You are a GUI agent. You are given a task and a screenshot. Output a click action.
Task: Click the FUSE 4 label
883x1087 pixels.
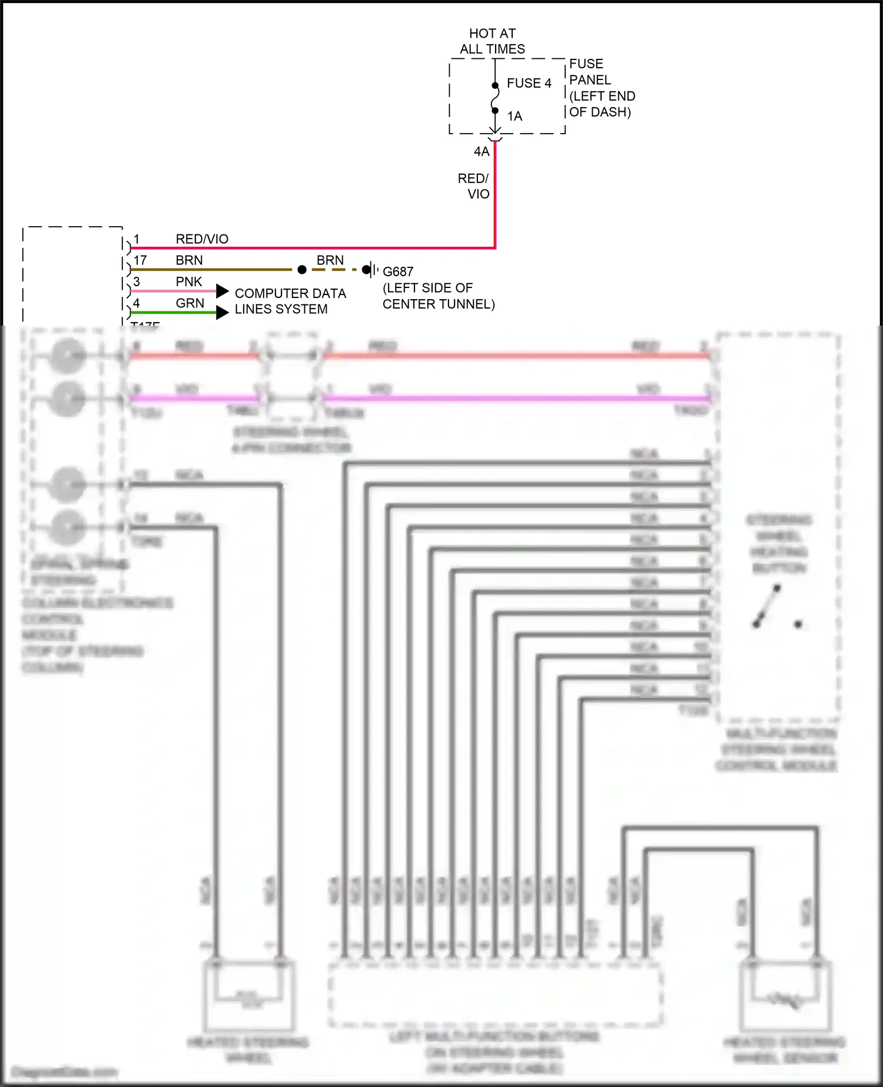pos(529,83)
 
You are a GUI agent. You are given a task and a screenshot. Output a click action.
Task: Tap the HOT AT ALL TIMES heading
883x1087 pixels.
pos(492,41)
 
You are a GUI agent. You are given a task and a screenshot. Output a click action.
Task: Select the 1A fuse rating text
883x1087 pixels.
pos(514,116)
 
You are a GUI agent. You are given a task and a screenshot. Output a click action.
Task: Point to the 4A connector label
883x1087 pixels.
pos(482,151)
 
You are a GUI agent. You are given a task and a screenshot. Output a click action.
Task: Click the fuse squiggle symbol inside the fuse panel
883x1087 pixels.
pos(495,98)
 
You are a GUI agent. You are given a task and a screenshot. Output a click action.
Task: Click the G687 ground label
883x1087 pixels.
pos(398,271)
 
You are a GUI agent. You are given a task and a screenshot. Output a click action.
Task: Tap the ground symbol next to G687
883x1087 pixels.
pos(370,270)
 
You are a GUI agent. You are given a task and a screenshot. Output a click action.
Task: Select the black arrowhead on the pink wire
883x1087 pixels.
pos(222,291)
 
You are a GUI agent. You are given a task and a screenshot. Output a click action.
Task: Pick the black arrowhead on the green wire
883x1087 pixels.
pos(222,313)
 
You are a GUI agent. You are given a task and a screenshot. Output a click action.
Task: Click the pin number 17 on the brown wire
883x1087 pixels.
pos(140,260)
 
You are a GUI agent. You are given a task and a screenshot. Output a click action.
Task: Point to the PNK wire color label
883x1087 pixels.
pos(189,281)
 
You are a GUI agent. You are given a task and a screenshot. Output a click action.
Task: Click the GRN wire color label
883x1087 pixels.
pos(190,303)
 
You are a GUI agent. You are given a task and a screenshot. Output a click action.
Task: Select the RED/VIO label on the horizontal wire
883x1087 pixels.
pos(202,239)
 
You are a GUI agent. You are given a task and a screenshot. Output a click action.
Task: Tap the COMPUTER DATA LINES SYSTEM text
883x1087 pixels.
pos(290,301)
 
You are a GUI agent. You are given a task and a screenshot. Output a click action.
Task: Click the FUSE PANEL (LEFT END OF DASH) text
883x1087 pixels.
pos(601,88)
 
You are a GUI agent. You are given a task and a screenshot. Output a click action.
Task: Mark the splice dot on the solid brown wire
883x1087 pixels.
pos(302,270)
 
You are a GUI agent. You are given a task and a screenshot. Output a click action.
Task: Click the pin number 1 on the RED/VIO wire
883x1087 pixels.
pos(137,239)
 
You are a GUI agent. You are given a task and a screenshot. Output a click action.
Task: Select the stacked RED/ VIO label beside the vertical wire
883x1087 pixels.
pos(473,186)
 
